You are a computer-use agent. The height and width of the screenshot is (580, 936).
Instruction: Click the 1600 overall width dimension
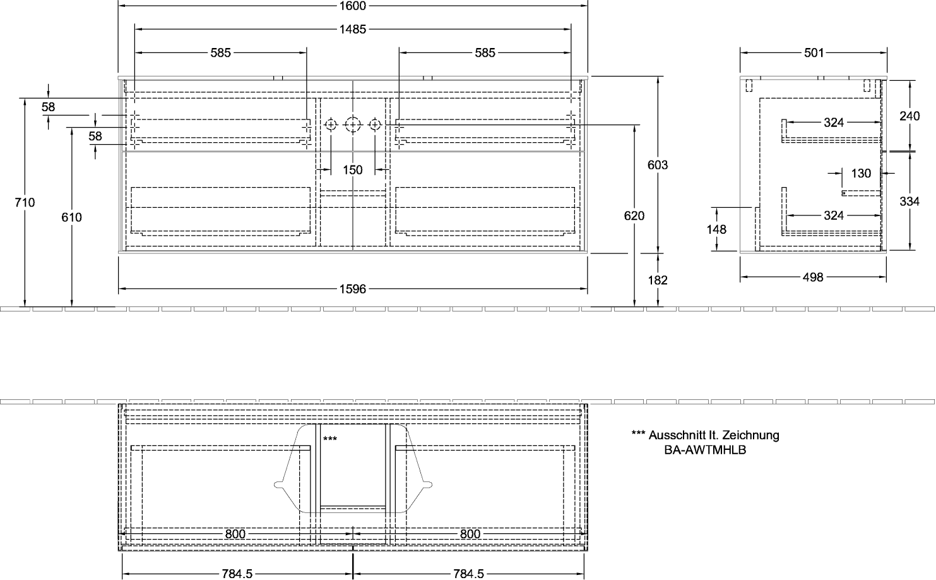coord(353,6)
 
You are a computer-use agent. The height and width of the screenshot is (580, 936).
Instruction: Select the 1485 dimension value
coord(353,29)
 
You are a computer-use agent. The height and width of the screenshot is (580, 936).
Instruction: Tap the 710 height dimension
coord(25,202)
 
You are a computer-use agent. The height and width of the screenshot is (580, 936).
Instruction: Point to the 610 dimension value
coord(71,217)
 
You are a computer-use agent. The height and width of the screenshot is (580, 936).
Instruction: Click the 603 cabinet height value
coord(658,165)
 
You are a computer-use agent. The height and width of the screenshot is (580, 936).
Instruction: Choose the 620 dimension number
coord(634,216)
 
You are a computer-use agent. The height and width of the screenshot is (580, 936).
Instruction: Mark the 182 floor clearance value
coord(658,280)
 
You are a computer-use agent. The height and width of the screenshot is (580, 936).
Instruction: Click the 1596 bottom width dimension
coord(353,289)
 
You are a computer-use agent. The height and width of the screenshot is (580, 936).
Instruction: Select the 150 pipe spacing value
coord(353,170)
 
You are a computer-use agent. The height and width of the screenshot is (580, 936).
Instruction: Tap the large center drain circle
coord(353,124)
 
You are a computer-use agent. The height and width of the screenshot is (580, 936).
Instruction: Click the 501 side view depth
coord(814,52)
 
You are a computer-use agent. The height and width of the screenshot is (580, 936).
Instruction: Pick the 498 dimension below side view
coord(813,277)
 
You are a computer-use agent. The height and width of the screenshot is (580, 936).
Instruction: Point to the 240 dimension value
coord(909,116)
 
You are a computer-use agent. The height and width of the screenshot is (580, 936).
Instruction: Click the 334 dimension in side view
coord(909,202)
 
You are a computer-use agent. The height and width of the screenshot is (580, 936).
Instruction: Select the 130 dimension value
coord(861,173)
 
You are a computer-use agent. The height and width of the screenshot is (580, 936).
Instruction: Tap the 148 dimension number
coord(716,229)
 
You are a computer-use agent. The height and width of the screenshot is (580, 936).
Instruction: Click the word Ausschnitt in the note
coord(675,435)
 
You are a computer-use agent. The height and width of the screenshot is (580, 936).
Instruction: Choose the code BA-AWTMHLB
coord(706,450)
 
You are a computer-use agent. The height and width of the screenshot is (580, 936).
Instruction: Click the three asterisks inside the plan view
coord(330,438)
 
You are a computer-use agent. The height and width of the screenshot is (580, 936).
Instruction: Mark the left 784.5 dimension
coord(237,574)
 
